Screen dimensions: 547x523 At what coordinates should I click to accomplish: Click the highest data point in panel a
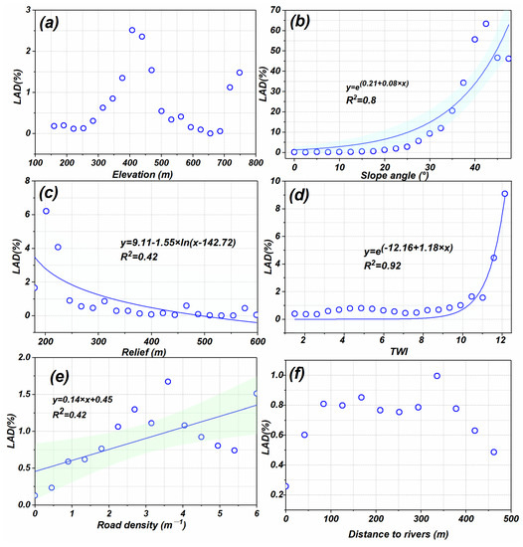pyautogui.click(x=132, y=30)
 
